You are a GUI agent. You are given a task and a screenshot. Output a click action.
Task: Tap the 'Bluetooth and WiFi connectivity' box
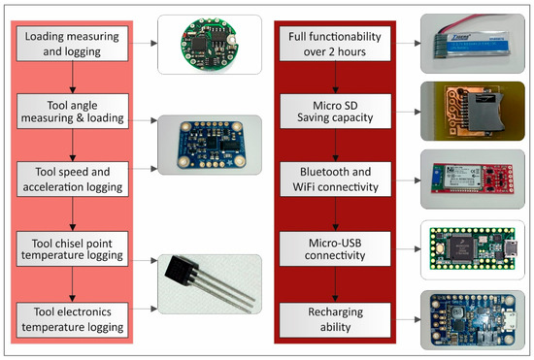point(334,178)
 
